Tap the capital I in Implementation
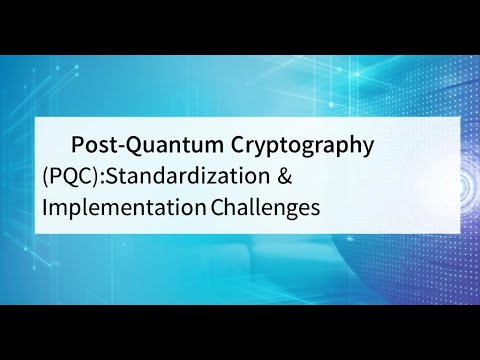click(46, 208)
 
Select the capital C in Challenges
click(217, 208)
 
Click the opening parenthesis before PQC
click(46, 177)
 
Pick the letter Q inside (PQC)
click(70, 177)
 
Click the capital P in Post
click(77, 144)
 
